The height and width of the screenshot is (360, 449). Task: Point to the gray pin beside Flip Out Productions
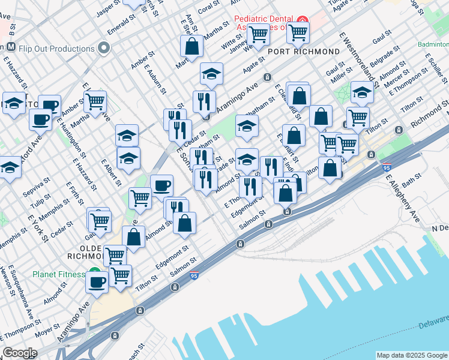(105, 47)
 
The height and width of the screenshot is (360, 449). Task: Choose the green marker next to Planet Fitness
(94, 272)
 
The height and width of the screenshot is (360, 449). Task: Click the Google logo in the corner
(20, 353)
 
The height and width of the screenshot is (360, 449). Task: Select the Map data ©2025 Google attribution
(412, 355)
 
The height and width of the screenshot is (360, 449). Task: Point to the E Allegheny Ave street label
(403, 197)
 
